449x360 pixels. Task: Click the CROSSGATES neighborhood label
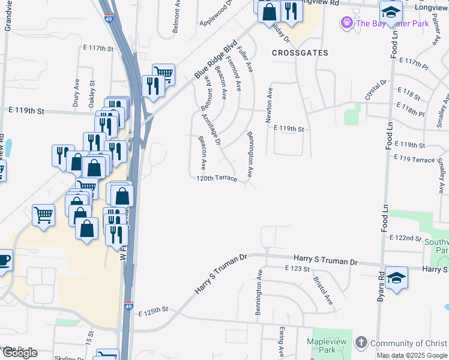[x=300, y=53]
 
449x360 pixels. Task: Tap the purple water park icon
[x=346, y=23]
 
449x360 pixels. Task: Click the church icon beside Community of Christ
[x=361, y=343]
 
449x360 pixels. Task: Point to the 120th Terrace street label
[x=217, y=178]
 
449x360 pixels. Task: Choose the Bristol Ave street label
[x=322, y=290]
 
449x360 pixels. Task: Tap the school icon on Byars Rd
[x=396, y=277]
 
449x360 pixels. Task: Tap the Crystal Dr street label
[x=373, y=91]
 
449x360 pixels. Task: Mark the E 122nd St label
[x=405, y=238]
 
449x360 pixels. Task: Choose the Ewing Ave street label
[x=281, y=342]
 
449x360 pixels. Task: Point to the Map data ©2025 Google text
[x=412, y=355]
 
